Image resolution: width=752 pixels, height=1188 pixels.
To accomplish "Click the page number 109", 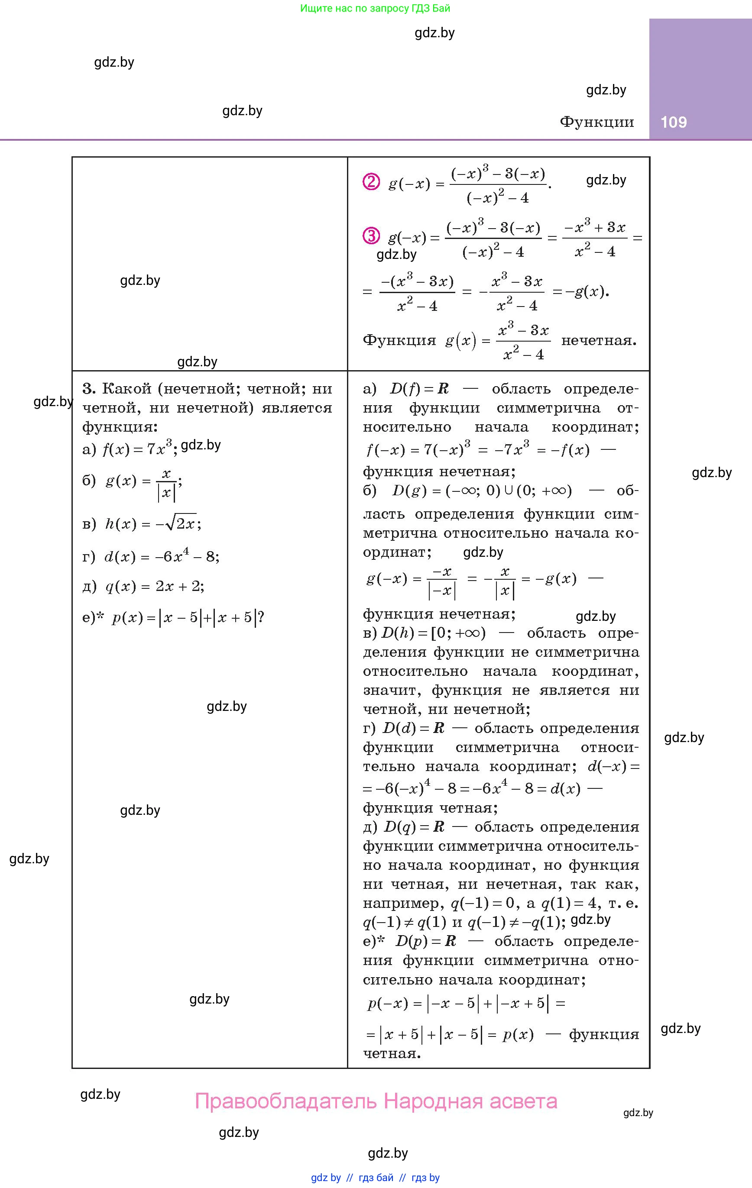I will [x=674, y=122].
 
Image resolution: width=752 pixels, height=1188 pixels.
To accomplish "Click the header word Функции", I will [x=596, y=122].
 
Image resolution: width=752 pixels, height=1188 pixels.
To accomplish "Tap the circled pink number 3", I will [x=371, y=236].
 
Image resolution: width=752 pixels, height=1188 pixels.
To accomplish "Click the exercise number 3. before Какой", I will [x=89, y=389].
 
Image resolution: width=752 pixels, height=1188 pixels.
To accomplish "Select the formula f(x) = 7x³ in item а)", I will [x=137, y=449].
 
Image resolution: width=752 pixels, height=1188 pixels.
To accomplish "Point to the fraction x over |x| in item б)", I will [x=166, y=484].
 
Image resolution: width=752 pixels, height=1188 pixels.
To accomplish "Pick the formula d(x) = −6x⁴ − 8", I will [x=162, y=556].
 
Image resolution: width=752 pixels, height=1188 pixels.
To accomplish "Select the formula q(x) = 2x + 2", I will [x=154, y=586].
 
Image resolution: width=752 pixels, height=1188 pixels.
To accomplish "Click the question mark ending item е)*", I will [x=261, y=617].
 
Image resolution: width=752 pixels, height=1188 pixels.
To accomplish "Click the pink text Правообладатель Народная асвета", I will [x=376, y=1101].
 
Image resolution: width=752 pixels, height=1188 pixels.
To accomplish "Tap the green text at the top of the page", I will [x=375, y=8].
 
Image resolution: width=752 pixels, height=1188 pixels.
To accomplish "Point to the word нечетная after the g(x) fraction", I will [x=599, y=340].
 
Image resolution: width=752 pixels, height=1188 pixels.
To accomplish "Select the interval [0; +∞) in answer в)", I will [x=458, y=633].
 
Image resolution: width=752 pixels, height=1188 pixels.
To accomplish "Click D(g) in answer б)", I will [x=410, y=491].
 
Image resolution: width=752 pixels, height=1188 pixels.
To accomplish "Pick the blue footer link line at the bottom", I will [x=375, y=1178].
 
